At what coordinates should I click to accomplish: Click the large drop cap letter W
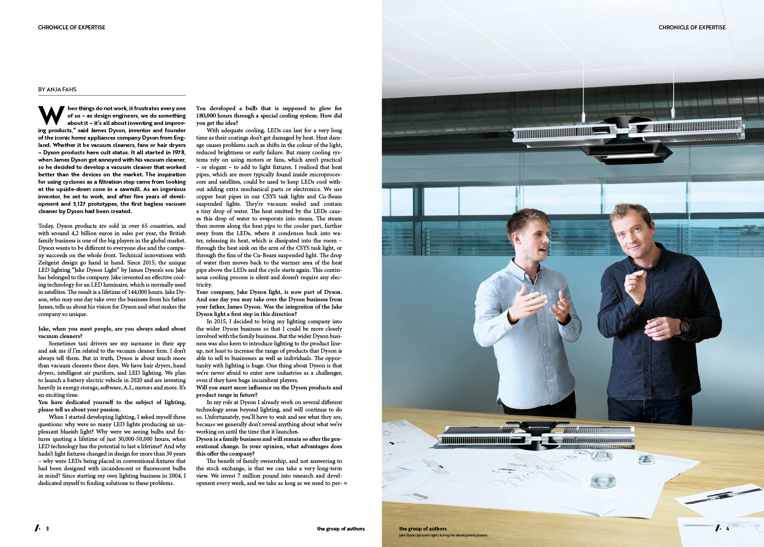[x=51, y=116]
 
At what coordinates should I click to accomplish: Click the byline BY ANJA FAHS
[x=57, y=90]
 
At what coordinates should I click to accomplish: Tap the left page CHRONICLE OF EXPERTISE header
[x=72, y=28]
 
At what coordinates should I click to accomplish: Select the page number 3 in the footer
[x=47, y=529]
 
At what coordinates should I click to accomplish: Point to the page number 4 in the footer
[x=728, y=529]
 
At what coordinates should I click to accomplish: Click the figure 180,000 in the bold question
[x=206, y=116]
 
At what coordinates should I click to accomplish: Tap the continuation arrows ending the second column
[x=345, y=483]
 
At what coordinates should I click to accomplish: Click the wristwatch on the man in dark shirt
[x=685, y=326]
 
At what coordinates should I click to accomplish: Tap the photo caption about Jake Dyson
[x=443, y=536]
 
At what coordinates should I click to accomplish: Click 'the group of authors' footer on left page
[x=340, y=529]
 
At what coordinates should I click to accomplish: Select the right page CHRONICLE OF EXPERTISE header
[x=692, y=28]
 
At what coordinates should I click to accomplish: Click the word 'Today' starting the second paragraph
[x=46, y=226]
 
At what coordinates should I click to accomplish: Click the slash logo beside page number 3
[x=37, y=528]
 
